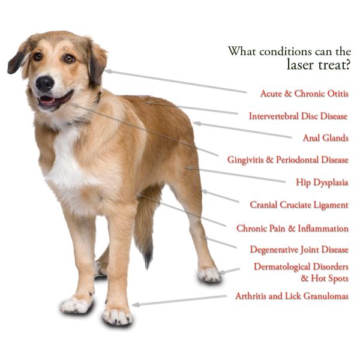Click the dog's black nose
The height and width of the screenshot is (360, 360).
tap(45, 83)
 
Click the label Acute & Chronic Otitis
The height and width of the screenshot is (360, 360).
tap(304, 94)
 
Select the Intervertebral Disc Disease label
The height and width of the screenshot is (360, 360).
tap(298, 116)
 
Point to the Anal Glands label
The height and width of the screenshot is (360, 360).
tap(325, 137)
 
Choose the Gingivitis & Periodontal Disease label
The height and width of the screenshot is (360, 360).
tap(287, 160)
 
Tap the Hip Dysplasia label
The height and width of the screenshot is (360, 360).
tap(322, 182)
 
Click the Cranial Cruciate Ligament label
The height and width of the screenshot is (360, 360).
tap(299, 205)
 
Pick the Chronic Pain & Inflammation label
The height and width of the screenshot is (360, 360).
tap(292, 228)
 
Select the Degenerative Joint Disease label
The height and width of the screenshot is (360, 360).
tap(299, 250)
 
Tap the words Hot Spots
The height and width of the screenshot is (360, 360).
tap(329, 278)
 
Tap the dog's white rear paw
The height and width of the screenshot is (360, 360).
tap(209, 274)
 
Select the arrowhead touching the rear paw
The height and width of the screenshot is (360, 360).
tap(221, 273)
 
